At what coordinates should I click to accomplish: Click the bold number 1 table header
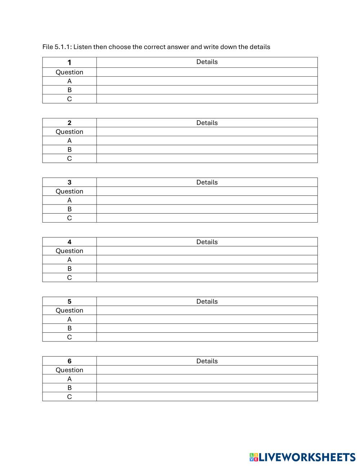(69, 62)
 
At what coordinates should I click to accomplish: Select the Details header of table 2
(207, 123)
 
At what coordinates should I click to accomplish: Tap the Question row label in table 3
(69, 191)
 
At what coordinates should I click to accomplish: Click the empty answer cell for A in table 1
(207, 81)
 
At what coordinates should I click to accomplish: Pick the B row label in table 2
(69, 149)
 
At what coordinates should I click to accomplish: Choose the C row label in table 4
(69, 278)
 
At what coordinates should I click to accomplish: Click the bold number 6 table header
(69, 361)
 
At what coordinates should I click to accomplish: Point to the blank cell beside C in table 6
(207, 396)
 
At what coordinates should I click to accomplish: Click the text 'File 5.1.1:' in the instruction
(57, 47)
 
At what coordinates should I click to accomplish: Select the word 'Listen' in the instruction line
(83, 47)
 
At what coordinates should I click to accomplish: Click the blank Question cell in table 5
(207, 310)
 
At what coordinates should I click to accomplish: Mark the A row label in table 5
(69, 319)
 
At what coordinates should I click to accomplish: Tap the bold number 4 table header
(69, 242)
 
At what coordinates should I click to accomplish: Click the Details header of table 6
(207, 361)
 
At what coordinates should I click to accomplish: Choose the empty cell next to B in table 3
(207, 209)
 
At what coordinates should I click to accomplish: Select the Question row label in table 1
(69, 72)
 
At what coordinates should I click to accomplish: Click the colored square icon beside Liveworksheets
(254, 457)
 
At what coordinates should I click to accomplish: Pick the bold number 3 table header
(69, 182)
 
